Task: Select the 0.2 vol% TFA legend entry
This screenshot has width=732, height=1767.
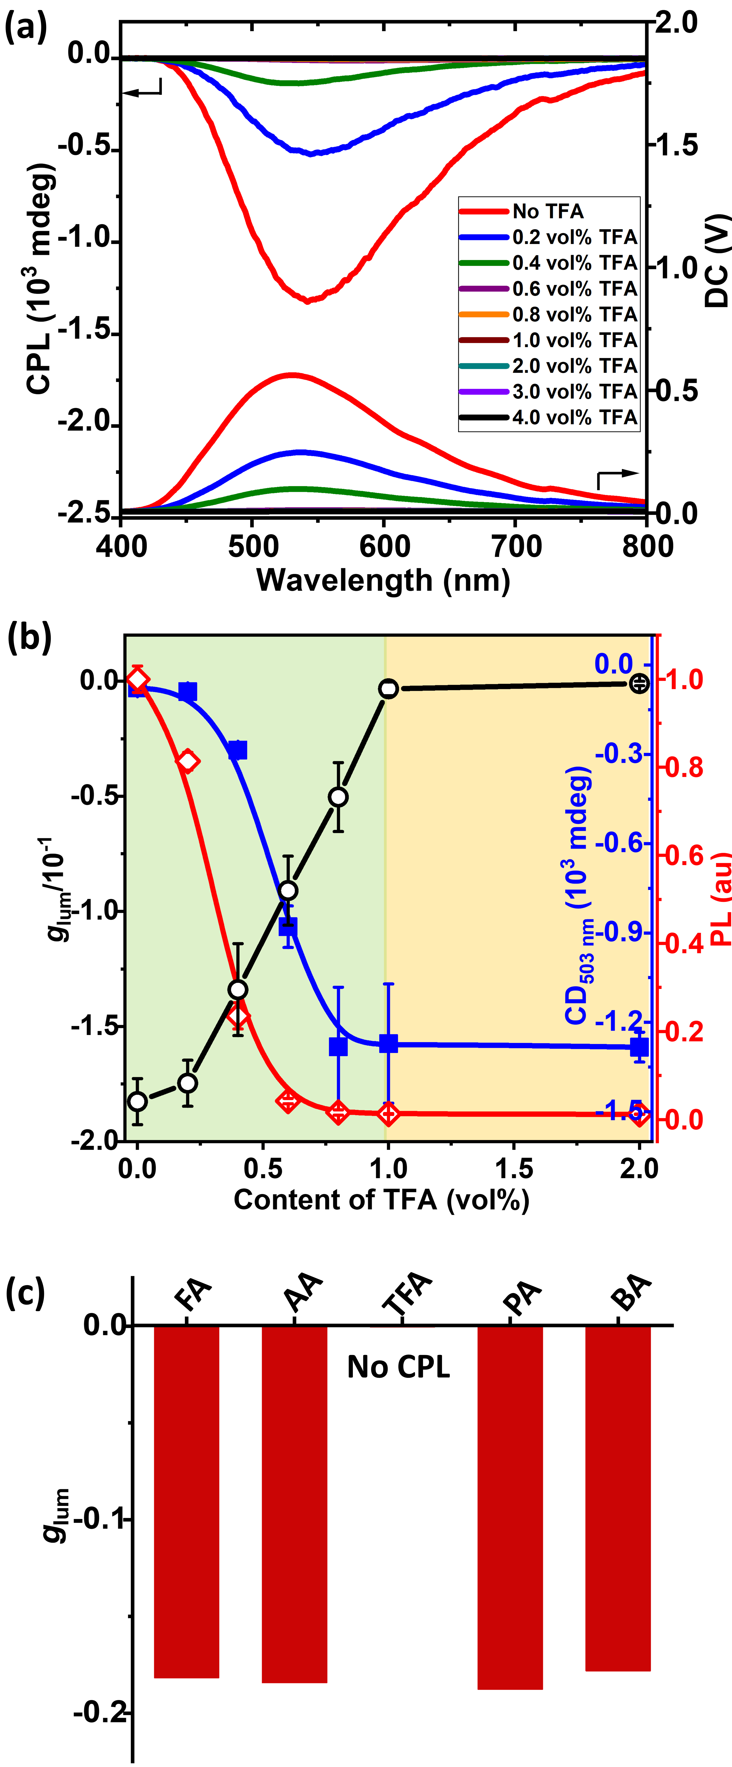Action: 549,237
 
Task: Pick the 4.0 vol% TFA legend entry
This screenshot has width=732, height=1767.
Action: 549,417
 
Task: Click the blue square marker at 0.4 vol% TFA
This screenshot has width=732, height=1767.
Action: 237,750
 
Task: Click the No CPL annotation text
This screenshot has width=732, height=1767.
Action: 399,1367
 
